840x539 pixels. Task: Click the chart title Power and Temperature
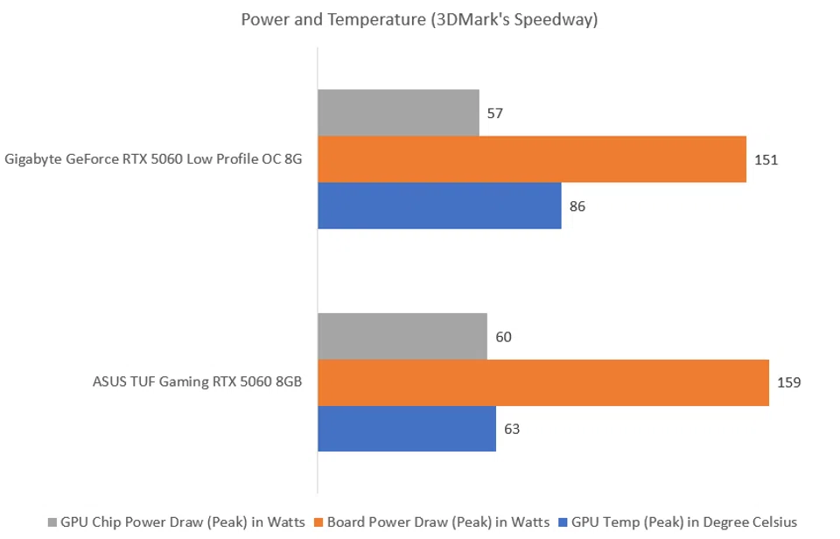[x=419, y=19]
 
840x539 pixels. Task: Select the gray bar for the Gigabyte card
[x=398, y=113]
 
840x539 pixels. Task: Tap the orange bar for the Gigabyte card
[x=531, y=159]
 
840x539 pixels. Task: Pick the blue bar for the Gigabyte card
[x=439, y=206]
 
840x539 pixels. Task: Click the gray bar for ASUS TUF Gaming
[x=402, y=336]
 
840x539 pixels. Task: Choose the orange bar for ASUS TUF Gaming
[x=542, y=382]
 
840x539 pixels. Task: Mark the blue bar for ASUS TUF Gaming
[x=406, y=429]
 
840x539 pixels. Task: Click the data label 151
[x=766, y=160]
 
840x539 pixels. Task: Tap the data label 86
[x=577, y=206]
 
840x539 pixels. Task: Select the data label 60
[x=503, y=337]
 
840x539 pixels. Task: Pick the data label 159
[x=789, y=382]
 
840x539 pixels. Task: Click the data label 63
[x=513, y=430]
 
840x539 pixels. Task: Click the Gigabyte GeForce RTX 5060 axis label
[x=154, y=159]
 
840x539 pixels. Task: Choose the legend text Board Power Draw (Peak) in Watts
[x=437, y=522]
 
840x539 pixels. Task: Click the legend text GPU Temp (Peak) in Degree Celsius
[x=683, y=522]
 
